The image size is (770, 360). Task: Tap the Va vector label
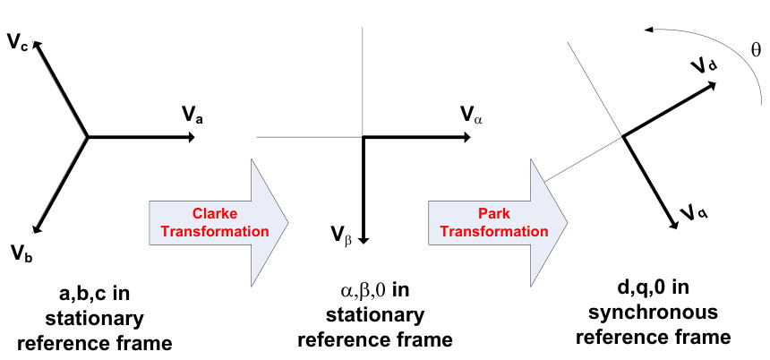coord(192,114)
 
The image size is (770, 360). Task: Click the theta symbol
coord(756,51)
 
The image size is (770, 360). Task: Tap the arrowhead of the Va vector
coord(192,137)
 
